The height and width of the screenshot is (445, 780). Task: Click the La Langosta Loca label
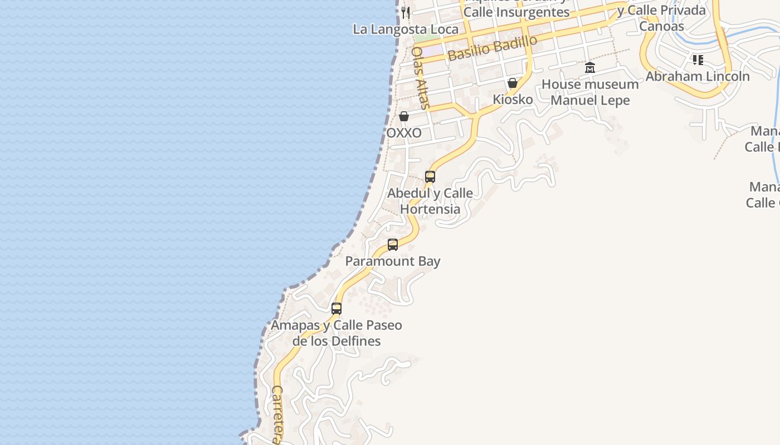pyautogui.click(x=406, y=29)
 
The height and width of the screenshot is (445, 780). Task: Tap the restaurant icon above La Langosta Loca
pyautogui.click(x=406, y=13)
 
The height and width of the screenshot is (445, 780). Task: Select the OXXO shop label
pyautogui.click(x=404, y=133)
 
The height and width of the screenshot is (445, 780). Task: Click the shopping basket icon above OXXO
pyautogui.click(x=404, y=116)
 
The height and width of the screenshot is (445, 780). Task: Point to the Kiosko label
pyautogui.click(x=513, y=100)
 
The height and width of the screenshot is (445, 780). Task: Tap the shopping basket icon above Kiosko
pyautogui.click(x=513, y=83)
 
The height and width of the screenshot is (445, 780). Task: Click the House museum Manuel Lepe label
pyautogui.click(x=590, y=92)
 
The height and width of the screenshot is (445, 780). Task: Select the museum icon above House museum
pyautogui.click(x=590, y=68)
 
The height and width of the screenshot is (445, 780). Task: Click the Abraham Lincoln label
pyautogui.click(x=698, y=76)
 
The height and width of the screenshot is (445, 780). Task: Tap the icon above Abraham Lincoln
pyautogui.click(x=698, y=60)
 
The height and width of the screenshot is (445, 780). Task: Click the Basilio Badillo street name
pyautogui.click(x=493, y=48)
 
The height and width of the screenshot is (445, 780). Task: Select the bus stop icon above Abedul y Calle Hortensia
pyautogui.click(x=430, y=177)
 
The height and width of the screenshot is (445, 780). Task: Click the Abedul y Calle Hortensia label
pyautogui.click(x=430, y=201)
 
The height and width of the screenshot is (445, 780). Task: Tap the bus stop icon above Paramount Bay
pyautogui.click(x=393, y=245)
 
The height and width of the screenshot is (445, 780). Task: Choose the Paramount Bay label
pyautogui.click(x=393, y=261)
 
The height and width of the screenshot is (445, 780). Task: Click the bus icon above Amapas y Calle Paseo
pyautogui.click(x=337, y=309)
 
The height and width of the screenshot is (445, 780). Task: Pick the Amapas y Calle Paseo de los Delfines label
pyautogui.click(x=337, y=333)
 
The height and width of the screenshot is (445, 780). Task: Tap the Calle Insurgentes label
pyautogui.click(x=516, y=12)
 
